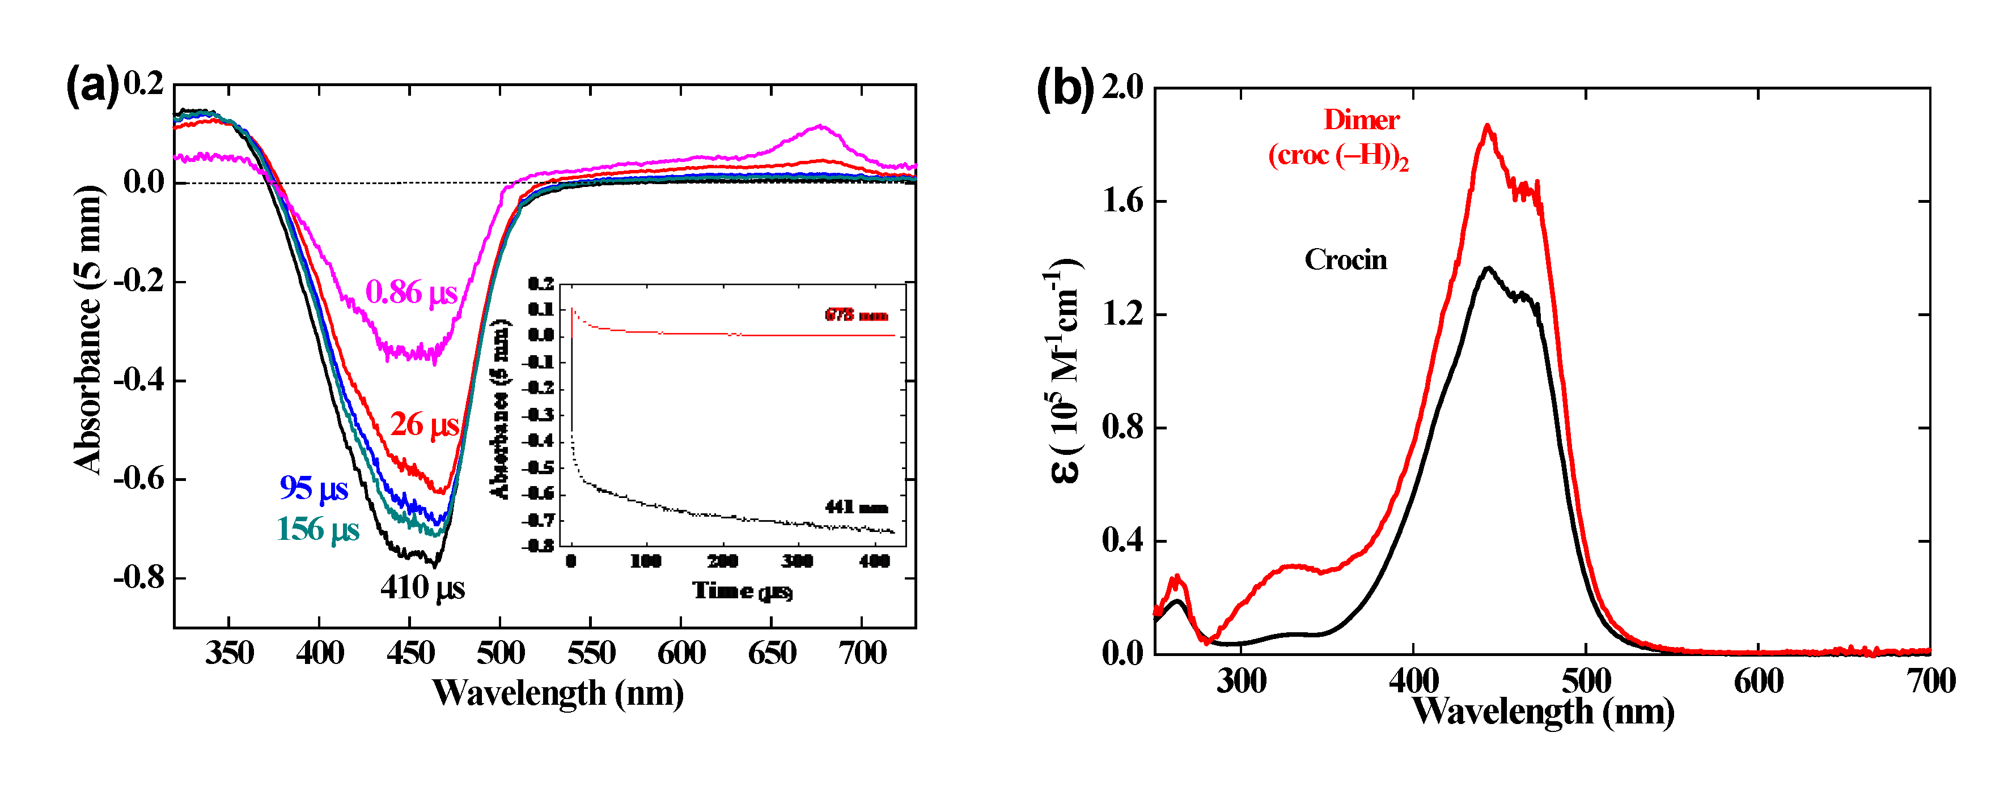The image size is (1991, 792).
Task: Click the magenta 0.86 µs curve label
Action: click(411, 293)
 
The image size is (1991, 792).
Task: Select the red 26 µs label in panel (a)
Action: click(424, 425)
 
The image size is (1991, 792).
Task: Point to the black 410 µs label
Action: click(422, 588)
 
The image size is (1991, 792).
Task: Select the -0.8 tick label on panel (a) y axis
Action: click(139, 577)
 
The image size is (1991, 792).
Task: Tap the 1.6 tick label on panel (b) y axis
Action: click(1122, 202)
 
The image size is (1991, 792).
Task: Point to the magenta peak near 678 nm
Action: click(819, 126)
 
